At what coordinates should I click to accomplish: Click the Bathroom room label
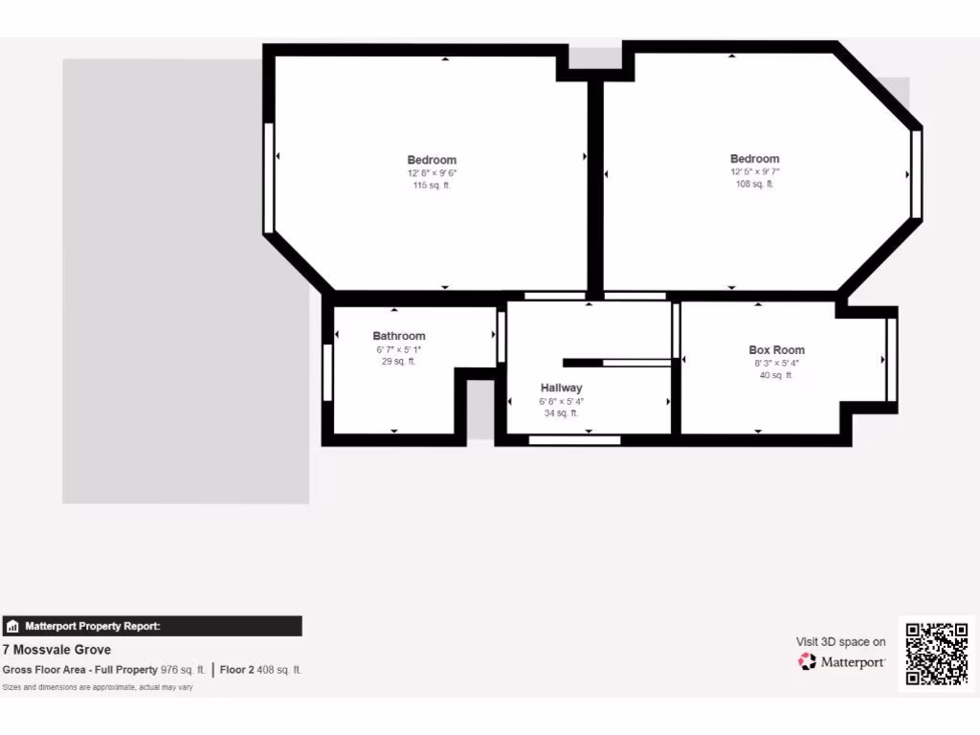click(x=399, y=336)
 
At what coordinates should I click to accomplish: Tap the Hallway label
click(x=561, y=388)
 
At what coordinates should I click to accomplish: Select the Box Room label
click(x=776, y=350)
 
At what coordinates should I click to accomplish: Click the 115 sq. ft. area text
click(x=432, y=186)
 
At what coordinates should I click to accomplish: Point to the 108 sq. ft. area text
click(x=754, y=184)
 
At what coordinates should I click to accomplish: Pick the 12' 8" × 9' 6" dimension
click(x=432, y=173)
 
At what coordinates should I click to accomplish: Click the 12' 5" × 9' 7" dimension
click(x=754, y=172)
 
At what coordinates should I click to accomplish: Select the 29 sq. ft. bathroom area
click(x=399, y=362)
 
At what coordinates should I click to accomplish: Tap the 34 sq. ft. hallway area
click(x=561, y=413)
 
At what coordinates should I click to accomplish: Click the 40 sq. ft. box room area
click(x=776, y=375)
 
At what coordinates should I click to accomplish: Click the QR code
click(x=937, y=654)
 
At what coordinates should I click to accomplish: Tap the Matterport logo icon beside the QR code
click(x=807, y=661)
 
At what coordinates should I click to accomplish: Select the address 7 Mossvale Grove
click(x=56, y=650)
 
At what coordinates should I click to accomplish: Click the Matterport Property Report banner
click(x=153, y=626)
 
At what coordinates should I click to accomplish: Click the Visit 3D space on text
click(x=840, y=642)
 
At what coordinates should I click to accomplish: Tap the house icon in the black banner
click(x=13, y=627)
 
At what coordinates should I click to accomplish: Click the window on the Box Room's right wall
click(x=892, y=360)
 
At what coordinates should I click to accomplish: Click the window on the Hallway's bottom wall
click(x=574, y=440)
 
